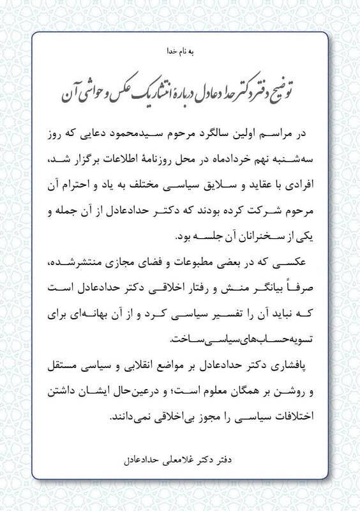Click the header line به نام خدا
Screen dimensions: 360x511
click(180, 50)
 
